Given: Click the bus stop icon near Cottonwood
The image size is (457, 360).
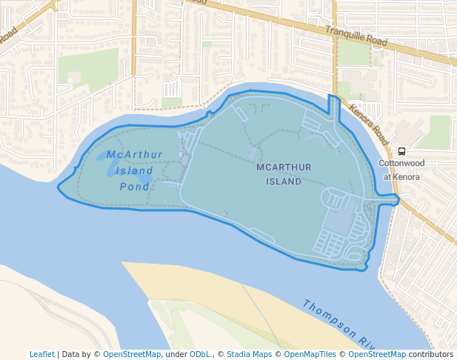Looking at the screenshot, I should click(x=401, y=150).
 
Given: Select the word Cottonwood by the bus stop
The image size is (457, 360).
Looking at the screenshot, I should click(x=401, y=163).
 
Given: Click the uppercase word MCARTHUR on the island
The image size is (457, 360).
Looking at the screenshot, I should click(x=284, y=167).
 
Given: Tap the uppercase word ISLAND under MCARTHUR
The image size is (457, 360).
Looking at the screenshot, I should click(x=284, y=181).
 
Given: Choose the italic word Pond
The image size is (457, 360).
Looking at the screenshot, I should click(x=134, y=187).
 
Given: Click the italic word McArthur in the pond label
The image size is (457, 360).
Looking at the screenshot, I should click(x=134, y=155).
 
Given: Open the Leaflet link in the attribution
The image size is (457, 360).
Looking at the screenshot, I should click(x=41, y=354).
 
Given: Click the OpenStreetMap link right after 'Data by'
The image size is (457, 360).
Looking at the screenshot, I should click(x=132, y=354).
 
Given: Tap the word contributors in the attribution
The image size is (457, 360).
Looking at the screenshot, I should click(x=431, y=354).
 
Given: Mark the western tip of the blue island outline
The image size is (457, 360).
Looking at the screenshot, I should click(x=59, y=187).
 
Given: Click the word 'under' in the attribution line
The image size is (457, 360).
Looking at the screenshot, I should click(x=176, y=354).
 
